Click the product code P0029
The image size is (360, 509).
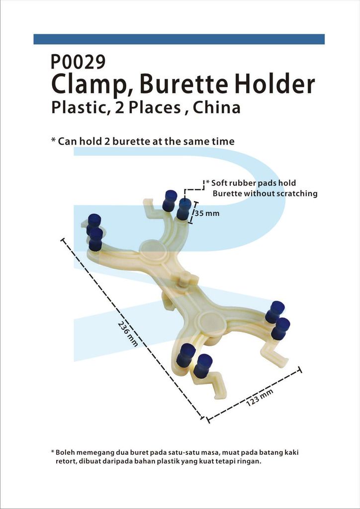pyautogui.click(x=78, y=62)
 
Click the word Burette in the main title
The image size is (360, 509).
pyautogui.click(x=184, y=85)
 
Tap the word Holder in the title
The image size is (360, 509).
pyautogui.click(x=274, y=84)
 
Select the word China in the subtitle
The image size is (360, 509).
pyautogui.click(x=216, y=107)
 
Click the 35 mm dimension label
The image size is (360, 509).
pyautogui.click(x=207, y=213)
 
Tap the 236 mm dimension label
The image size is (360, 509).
pyautogui.click(x=128, y=334)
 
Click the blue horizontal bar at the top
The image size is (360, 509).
pyautogui.click(x=179, y=39)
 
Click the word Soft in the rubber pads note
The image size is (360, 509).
pyautogui.click(x=220, y=183)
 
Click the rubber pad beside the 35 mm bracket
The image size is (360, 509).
pyautogui.click(x=184, y=209)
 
